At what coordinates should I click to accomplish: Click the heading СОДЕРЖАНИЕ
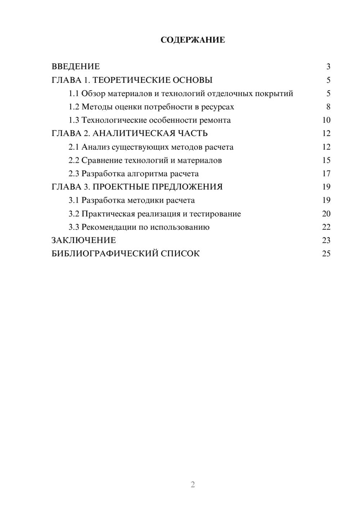coord(193,40)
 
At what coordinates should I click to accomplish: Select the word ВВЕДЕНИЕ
coord(76,67)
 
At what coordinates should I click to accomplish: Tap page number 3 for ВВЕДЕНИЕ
coord(328,67)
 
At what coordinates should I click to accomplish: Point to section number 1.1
coord(74,94)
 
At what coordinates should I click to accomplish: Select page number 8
coord(328,107)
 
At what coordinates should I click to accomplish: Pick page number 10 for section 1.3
coord(326,120)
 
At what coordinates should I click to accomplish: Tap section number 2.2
coord(74,160)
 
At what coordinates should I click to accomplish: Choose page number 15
coord(326,160)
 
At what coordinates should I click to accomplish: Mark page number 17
coord(326,174)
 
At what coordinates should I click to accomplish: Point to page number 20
coord(326,214)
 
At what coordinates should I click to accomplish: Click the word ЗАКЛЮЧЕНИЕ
coord(84,240)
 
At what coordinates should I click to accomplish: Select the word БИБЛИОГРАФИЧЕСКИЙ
coord(105,254)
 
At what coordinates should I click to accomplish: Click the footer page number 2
coord(193,485)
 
